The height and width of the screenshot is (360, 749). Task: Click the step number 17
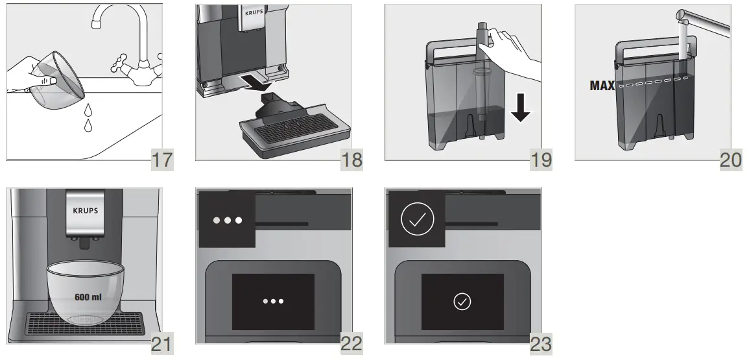coord(161,159)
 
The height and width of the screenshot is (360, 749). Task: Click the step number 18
coord(351,159)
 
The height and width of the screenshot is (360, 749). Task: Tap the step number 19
coord(541,159)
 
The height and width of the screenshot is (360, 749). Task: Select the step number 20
coord(731,159)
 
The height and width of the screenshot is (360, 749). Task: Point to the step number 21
coord(161,343)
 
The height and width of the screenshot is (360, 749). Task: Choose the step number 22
coord(351,343)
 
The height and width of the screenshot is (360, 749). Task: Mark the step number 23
coord(541,343)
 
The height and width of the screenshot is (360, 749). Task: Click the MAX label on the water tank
coord(602,85)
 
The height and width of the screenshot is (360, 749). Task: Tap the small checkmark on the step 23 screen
coord(462,302)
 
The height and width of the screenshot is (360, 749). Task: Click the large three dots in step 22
coord(227,221)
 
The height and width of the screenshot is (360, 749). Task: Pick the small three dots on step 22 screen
coord(273,302)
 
